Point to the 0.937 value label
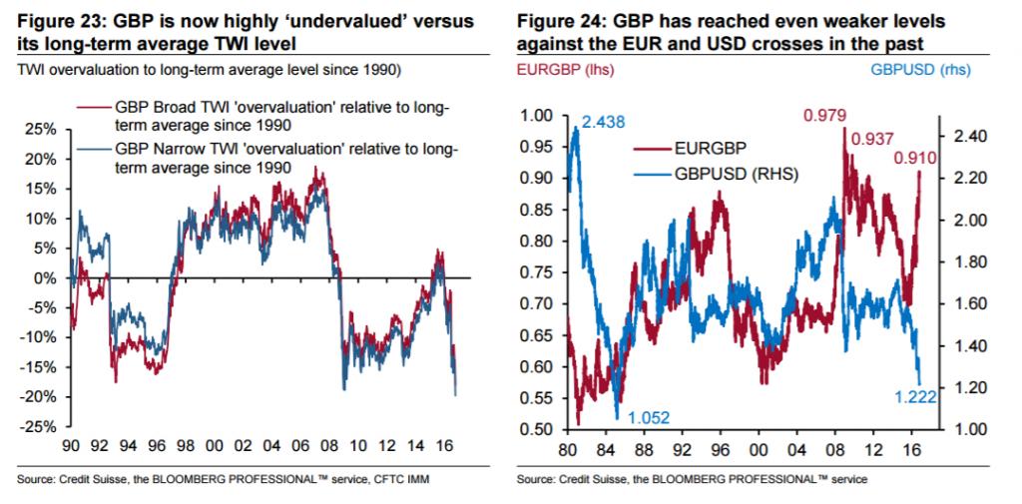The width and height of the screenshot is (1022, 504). [x=871, y=138]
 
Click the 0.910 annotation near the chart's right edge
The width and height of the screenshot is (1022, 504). [x=916, y=157]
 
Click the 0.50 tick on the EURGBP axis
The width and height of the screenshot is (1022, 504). [x=537, y=429]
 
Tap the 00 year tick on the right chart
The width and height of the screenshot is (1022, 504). [x=758, y=447]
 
